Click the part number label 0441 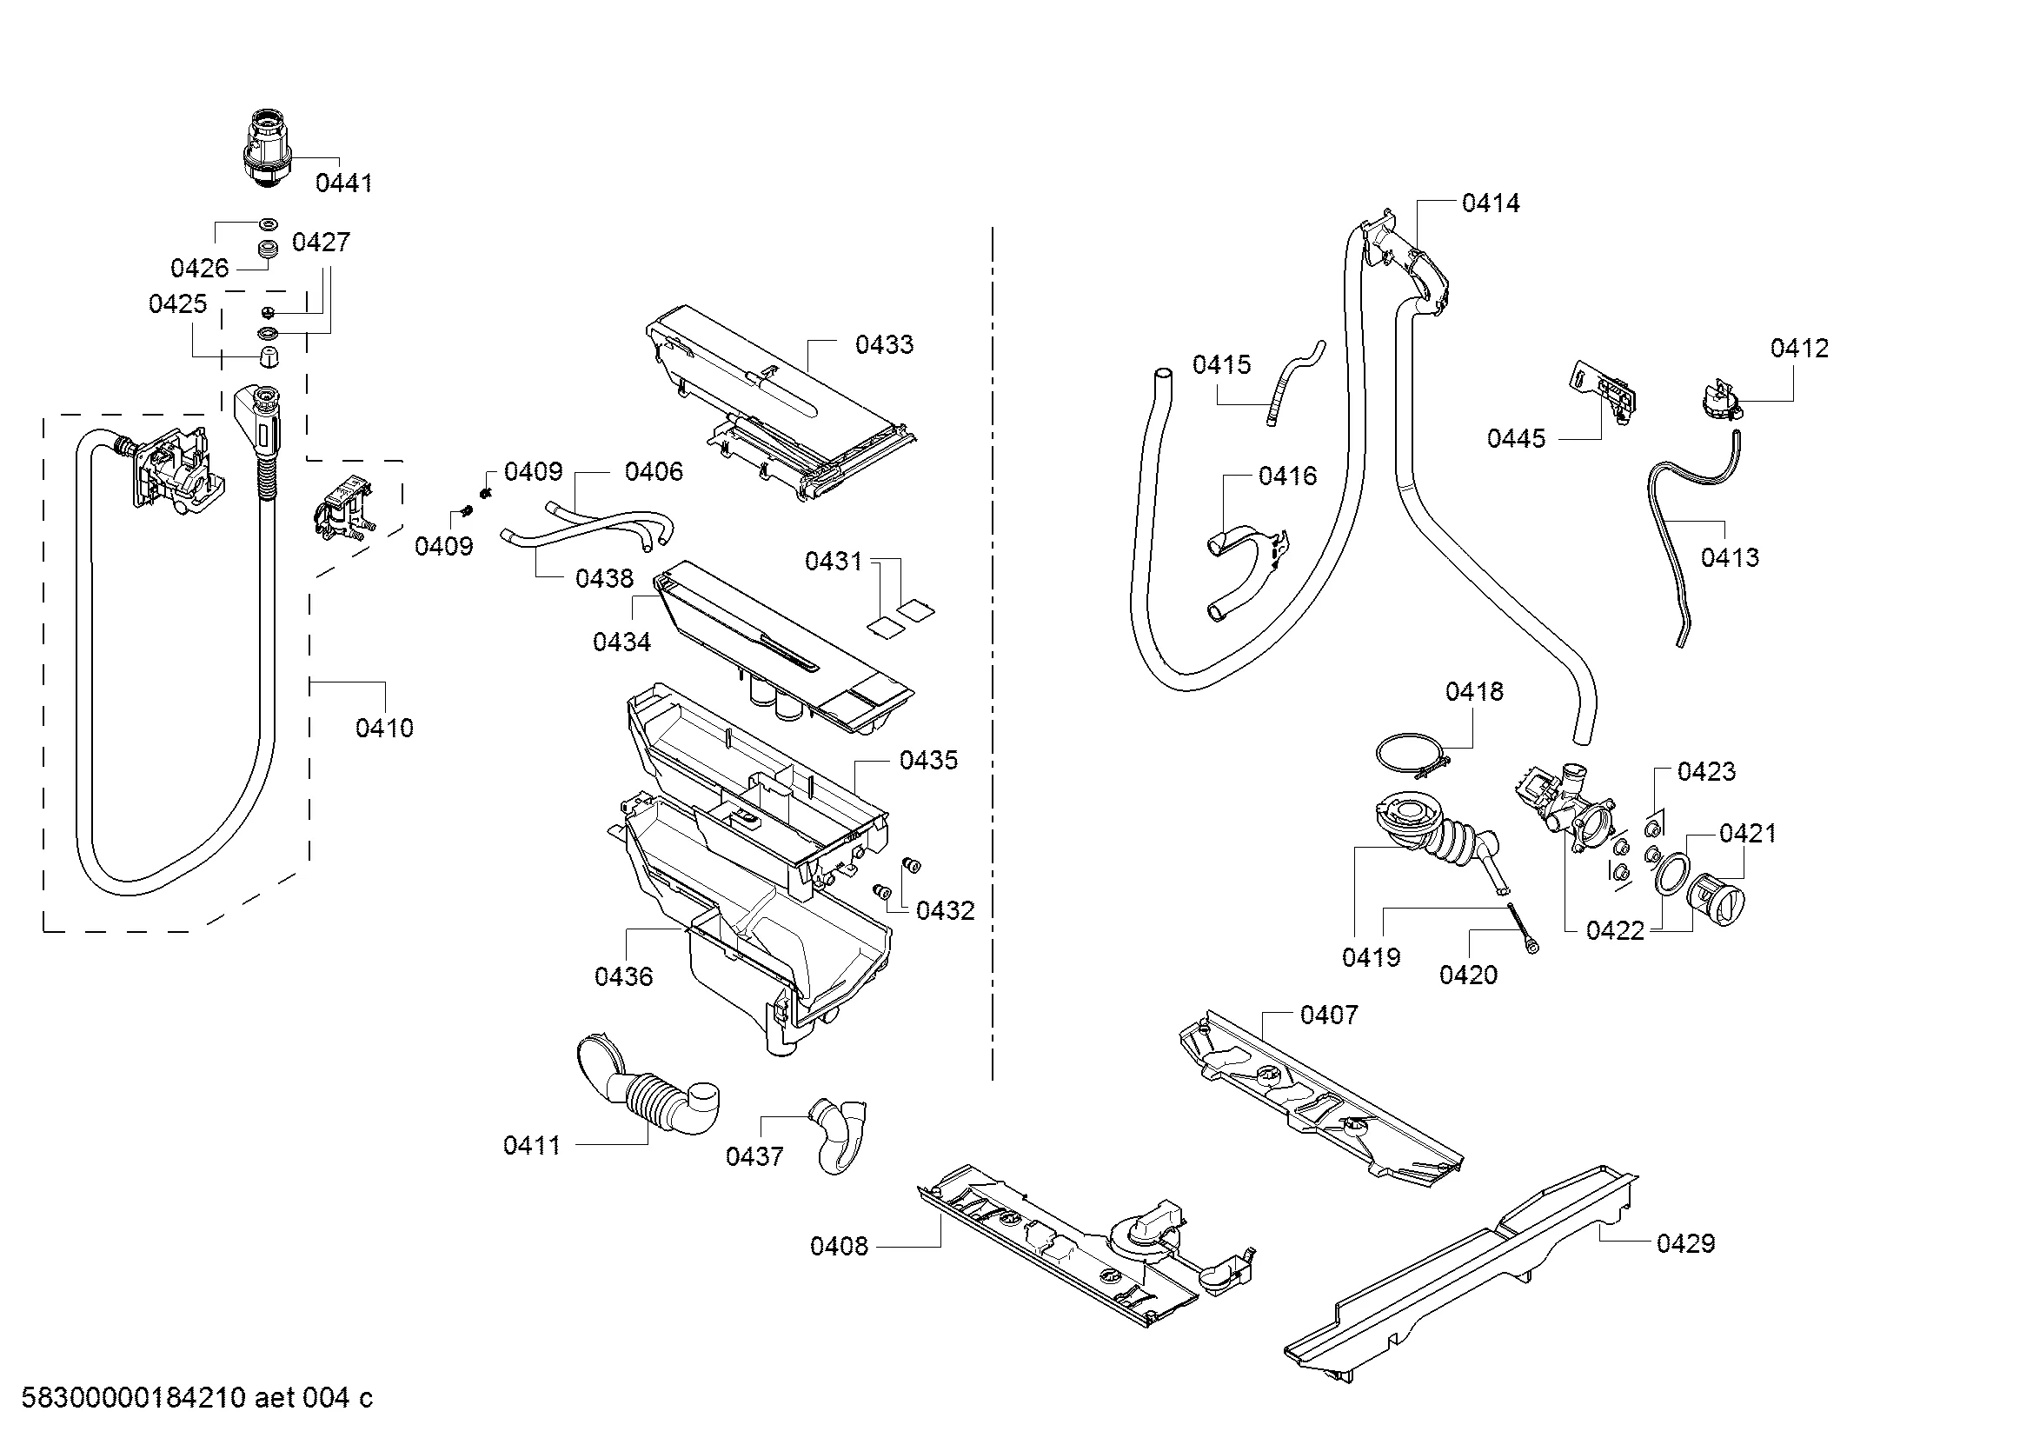coord(343,183)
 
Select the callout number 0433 coord(884,344)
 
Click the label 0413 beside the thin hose coord(1730,557)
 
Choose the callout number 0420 coord(1468,975)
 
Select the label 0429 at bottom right coord(1686,1243)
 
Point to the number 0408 coord(839,1247)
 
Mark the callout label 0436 coord(623,976)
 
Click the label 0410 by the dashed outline coord(384,728)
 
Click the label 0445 coord(1516,438)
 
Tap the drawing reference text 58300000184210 coord(133,1398)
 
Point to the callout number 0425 coord(177,303)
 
